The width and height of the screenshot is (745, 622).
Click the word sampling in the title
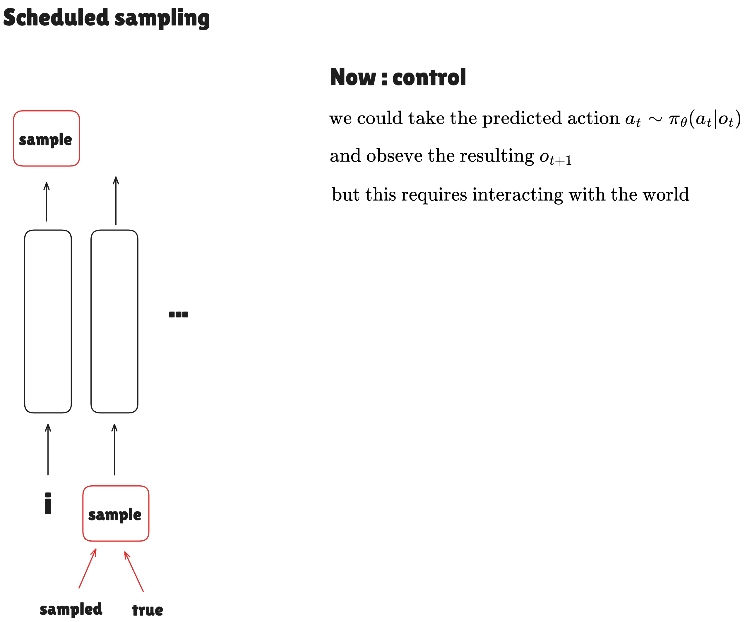click(162, 18)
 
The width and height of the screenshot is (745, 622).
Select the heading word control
click(429, 77)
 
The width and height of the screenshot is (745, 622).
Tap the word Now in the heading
click(353, 77)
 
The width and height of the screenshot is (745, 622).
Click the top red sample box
click(47, 139)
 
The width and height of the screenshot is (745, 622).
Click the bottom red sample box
click(116, 514)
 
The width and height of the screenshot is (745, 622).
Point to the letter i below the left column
click(48, 503)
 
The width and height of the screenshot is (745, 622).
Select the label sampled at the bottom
click(71, 609)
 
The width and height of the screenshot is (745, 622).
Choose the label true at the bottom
click(147, 610)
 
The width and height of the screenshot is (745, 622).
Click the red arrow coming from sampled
click(87, 569)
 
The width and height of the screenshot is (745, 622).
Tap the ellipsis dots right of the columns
click(179, 314)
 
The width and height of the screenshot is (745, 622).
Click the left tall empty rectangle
click(48, 321)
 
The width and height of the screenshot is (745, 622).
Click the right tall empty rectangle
click(114, 321)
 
